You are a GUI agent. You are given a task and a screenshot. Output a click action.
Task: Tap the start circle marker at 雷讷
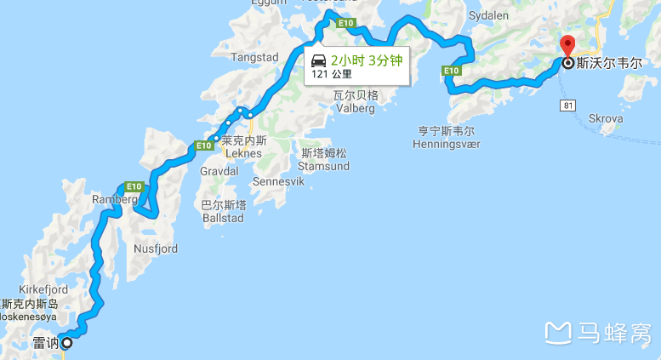tap(66, 344)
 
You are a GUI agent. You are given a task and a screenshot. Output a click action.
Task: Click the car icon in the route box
tap(319, 60)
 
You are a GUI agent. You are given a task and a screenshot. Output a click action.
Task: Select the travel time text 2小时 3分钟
tap(366, 60)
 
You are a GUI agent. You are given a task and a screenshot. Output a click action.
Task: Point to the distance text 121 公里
tap(332, 74)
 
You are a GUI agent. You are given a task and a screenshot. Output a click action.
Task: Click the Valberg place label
tap(354, 107)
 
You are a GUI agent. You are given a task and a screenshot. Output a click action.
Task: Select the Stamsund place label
tap(325, 166)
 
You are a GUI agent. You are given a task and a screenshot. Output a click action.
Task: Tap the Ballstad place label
tap(223, 218)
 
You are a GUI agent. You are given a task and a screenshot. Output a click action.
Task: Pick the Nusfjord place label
tap(156, 249)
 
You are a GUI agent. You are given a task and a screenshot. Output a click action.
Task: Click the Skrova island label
tap(605, 118)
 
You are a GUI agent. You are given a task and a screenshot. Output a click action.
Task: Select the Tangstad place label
tap(255, 57)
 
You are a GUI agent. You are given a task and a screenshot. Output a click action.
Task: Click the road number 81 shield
tap(568, 105)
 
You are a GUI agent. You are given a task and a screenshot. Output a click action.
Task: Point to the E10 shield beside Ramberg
tap(132, 186)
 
